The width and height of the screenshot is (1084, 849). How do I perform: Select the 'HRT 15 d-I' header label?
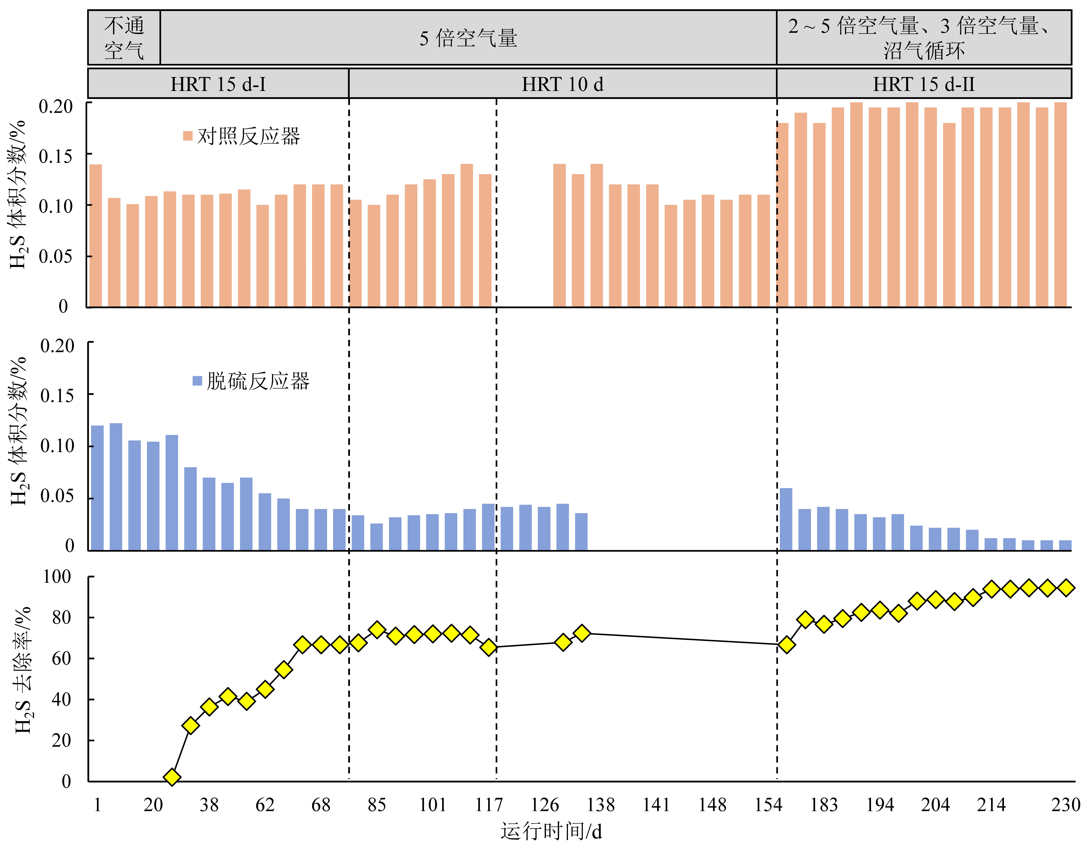pyautogui.click(x=218, y=84)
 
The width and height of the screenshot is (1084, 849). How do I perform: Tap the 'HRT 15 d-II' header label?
pyautogui.click(x=923, y=84)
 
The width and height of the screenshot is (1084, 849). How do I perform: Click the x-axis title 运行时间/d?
pyautogui.click(x=551, y=831)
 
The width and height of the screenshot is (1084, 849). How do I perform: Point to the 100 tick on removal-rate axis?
pyautogui.click(x=57, y=577)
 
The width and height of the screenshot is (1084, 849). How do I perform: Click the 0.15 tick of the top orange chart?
pyautogui.click(x=56, y=156)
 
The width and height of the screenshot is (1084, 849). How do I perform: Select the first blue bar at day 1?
pyautogui.click(x=97, y=488)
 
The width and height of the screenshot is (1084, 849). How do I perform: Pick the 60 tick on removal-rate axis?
pyautogui.click(x=62, y=659)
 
